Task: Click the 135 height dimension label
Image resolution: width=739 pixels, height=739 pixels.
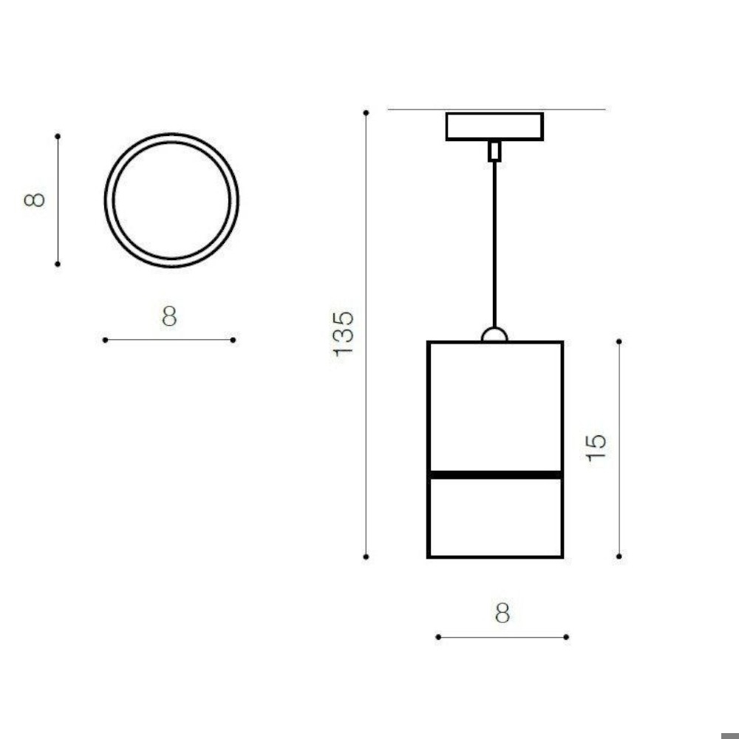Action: [343, 334]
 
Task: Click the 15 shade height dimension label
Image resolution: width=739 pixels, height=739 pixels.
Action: [595, 447]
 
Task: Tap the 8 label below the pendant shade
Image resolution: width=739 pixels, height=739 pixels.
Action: [503, 613]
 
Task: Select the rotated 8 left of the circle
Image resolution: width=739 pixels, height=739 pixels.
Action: [35, 200]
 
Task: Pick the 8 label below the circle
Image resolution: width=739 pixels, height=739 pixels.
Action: [169, 316]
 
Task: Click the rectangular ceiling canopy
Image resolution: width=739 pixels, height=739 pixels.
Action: [494, 126]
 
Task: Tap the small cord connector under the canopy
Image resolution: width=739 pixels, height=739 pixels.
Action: [494, 151]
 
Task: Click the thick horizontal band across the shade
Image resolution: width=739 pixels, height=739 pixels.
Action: [495, 474]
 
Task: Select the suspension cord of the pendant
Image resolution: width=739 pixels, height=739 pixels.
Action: [494, 244]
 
